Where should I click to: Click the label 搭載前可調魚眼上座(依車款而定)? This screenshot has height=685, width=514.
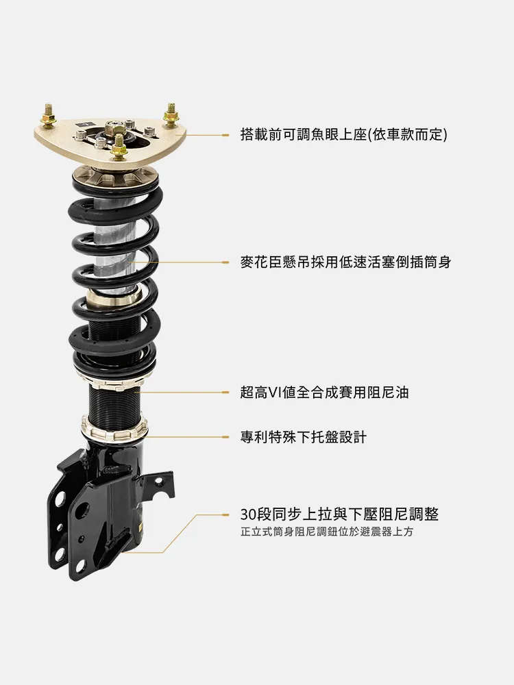tap(344, 134)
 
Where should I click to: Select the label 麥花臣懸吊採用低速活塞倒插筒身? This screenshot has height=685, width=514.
tap(345, 262)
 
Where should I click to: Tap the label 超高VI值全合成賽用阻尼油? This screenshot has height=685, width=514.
tap(324, 393)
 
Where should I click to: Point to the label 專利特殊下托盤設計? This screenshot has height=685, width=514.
tap(304, 437)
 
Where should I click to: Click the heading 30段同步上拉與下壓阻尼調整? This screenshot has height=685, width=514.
tap(340, 514)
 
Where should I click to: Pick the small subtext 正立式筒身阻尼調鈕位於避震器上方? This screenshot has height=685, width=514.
tap(326, 532)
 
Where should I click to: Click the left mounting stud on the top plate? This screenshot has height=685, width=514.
tap(49, 116)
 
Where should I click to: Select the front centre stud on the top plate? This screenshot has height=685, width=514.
tap(118, 147)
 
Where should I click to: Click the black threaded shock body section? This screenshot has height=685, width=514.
tap(114, 401)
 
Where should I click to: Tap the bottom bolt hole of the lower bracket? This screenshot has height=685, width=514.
tap(58, 555)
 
